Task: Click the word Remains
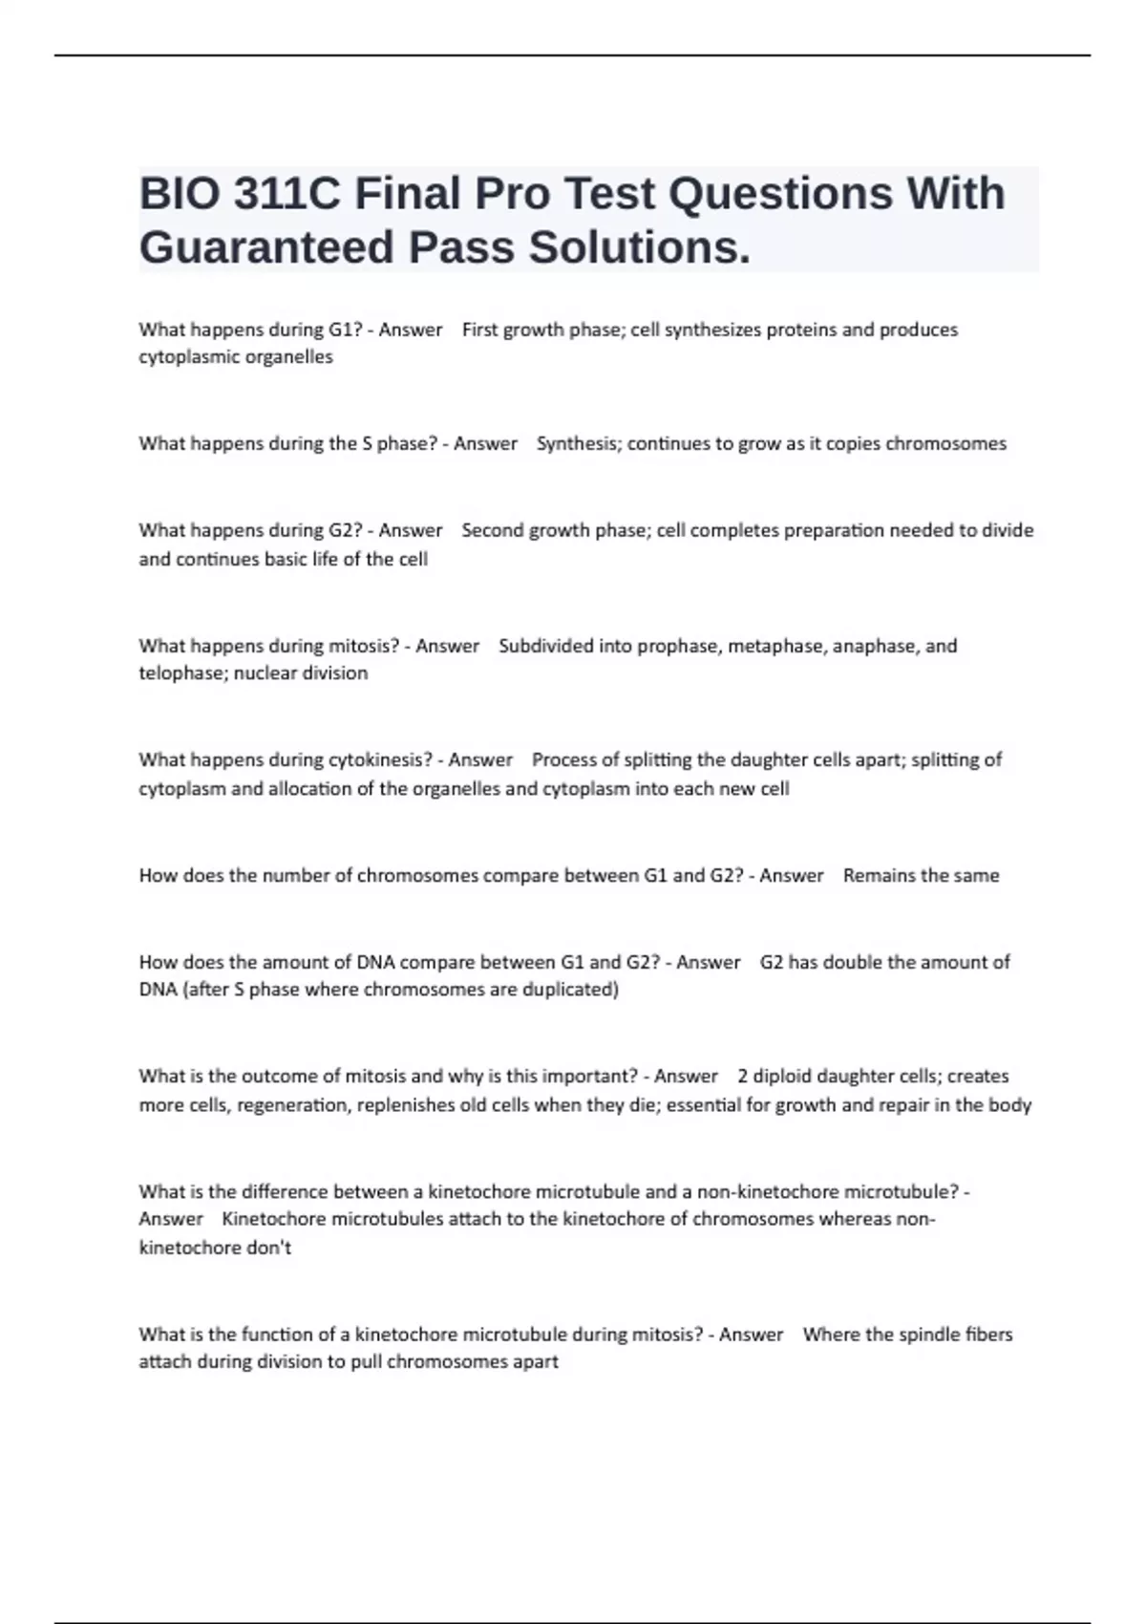pyautogui.click(x=877, y=875)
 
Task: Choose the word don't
pyautogui.click(x=268, y=1248)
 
